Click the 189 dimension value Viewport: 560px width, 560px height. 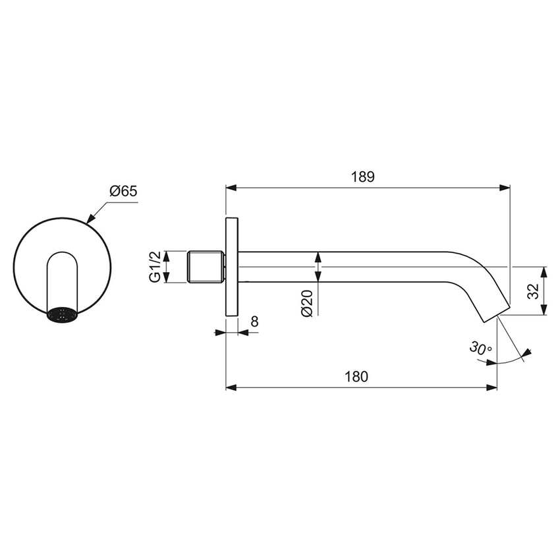[x=362, y=177]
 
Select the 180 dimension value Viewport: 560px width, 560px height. [x=356, y=377]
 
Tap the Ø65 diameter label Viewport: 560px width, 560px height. [x=123, y=191]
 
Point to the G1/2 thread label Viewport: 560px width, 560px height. [x=154, y=267]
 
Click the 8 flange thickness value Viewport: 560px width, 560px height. [x=254, y=322]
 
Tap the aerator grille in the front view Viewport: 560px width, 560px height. [x=63, y=314]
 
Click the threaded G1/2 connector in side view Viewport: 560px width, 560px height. [x=206, y=267]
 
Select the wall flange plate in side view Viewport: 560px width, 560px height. [x=232, y=267]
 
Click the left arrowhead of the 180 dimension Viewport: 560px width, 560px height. [x=231, y=387]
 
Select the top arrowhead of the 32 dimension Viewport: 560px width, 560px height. [x=544, y=271]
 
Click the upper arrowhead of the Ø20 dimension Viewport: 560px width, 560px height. [x=318, y=256]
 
